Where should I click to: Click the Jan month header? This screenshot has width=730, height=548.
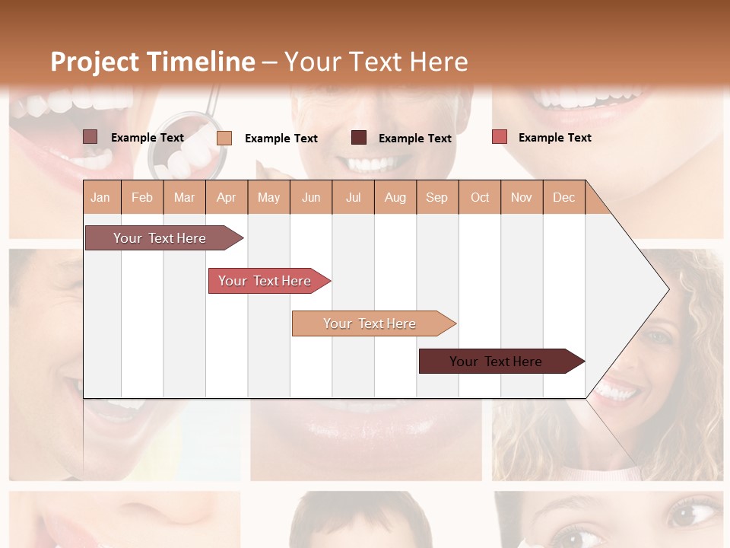tap(100, 197)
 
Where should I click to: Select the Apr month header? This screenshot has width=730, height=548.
tap(226, 197)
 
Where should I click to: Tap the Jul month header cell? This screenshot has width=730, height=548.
tap(353, 197)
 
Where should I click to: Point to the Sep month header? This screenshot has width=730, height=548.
tap(436, 197)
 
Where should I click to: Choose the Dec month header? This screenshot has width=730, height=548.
tap(563, 197)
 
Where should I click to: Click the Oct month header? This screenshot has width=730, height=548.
tap(480, 197)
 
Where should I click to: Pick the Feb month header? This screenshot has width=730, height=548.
tap(142, 197)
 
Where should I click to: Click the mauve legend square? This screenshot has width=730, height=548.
tap(90, 137)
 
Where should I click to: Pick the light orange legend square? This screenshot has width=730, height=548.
tap(224, 138)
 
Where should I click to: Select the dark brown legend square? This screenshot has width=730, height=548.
tap(359, 138)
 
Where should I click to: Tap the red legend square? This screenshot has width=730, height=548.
tap(499, 137)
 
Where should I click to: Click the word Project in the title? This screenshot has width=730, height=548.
tap(94, 62)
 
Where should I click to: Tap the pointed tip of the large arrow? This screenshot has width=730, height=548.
tap(668, 289)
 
